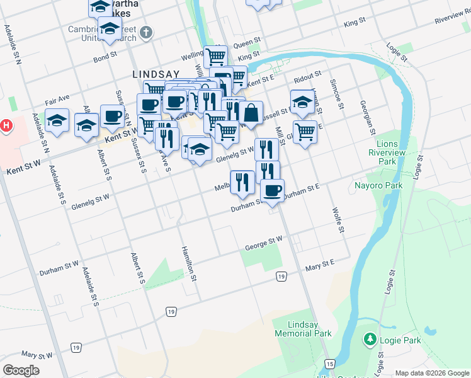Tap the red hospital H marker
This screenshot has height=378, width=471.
point(6,125)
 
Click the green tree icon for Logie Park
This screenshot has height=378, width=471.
point(370,340)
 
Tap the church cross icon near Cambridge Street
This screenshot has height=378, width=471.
point(146,33)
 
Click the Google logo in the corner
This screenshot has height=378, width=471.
point(21,370)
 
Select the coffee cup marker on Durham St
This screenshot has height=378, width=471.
point(272,191)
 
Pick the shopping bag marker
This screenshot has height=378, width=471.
point(251,113)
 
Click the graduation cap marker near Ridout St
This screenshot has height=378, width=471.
point(302,101)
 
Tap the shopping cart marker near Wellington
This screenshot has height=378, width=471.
point(216,57)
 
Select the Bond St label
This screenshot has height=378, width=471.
point(105,56)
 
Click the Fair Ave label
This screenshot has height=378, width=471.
point(57,100)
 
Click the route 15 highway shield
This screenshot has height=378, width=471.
point(329,364)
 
